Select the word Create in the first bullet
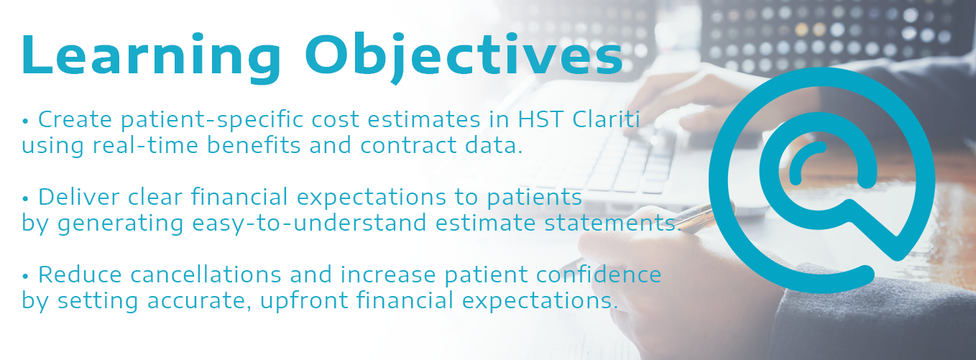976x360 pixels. [x=75, y=119]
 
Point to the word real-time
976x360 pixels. [x=145, y=145]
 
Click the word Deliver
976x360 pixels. [x=78, y=197]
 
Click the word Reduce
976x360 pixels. [x=80, y=274]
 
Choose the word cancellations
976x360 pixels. [x=206, y=274]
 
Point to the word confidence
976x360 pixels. [x=599, y=274]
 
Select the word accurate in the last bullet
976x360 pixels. [x=200, y=302]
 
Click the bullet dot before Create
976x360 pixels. [x=25, y=121]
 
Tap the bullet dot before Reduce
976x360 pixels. [x=25, y=277]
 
